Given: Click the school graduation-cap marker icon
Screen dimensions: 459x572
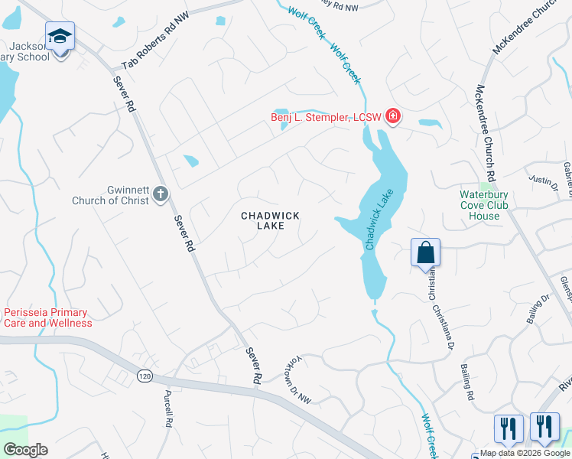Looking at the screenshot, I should click(60, 36).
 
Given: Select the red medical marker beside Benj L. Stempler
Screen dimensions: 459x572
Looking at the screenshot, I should click(393, 116).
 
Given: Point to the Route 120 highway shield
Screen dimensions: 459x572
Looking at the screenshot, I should click(144, 376).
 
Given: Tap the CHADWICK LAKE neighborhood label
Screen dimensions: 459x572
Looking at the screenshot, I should click(270, 221).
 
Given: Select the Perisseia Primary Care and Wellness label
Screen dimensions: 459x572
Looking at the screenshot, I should click(47, 317).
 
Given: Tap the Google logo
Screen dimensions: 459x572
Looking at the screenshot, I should click(25, 450).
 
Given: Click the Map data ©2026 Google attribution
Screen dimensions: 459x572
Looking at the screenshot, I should click(524, 453).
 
